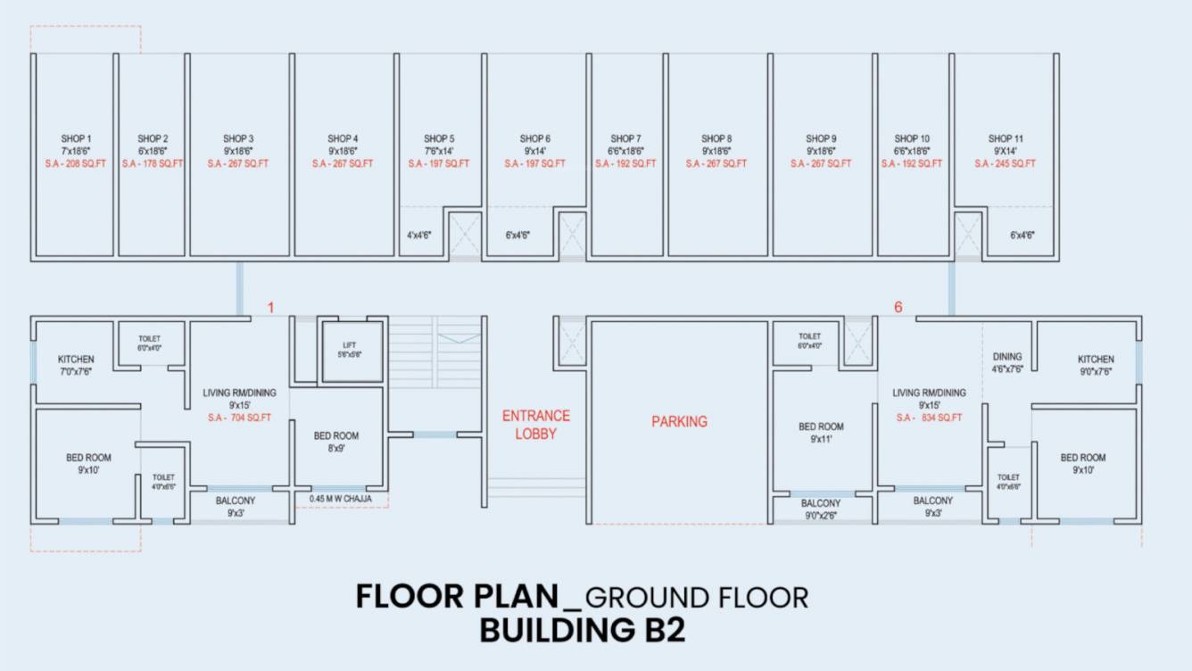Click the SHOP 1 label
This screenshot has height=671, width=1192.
tap(76, 139)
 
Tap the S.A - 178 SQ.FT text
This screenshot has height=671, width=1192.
tap(153, 164)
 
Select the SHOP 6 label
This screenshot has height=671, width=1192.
tap(534, 139)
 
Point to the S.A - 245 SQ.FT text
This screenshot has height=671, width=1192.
tap(1006, 164)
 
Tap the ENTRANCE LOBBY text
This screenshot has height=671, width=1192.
tap(535, 425)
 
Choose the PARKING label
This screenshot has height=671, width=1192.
tap(679, 421)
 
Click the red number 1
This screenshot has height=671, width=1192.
tap(271, 308)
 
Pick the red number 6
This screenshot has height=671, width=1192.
tap(898, 308)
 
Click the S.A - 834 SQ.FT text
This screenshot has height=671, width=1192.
tap(930, 418)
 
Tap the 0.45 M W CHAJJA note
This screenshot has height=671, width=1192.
tap(341, 499)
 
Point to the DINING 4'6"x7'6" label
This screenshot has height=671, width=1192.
tap(1007, 362)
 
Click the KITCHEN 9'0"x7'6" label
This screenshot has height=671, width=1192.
tap(1096, 364)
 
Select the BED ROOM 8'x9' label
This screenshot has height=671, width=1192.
tap(336, 442)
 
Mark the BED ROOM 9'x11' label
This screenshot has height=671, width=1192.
tap(821, 433)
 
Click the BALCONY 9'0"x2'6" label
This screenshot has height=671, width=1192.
tap(821, 509)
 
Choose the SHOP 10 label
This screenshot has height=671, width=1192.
tap(912, 139)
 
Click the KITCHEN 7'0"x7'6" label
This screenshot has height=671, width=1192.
tap(76, 364)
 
